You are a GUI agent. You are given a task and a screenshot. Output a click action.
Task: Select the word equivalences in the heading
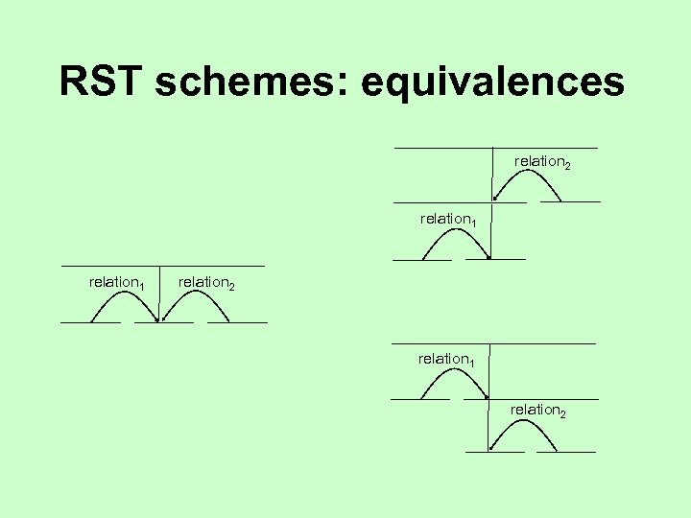tap(492, 82)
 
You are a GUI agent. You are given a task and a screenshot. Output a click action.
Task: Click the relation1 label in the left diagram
tap(116, 282)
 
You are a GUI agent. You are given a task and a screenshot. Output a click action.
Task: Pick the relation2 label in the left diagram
tap(205, 282)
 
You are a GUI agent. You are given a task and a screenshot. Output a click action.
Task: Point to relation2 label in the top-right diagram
tap(542, 161)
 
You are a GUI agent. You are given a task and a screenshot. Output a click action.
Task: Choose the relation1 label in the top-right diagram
tap(448, 219)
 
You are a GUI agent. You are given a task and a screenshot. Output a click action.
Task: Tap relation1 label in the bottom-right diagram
tap(446, 359)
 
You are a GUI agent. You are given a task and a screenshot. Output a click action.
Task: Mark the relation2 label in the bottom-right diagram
tap(537, 410)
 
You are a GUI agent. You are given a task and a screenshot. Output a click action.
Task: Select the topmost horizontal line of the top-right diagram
tap(495, 148)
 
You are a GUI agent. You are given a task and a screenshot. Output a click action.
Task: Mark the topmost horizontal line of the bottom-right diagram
tap(493, 343)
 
